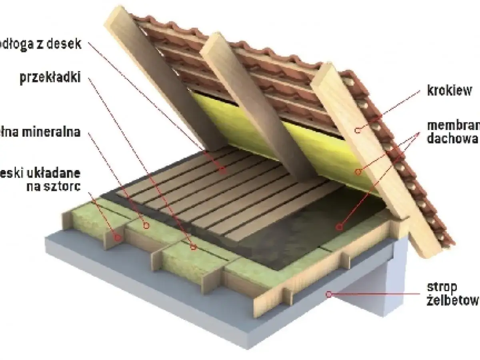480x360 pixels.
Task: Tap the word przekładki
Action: tap(50, 77)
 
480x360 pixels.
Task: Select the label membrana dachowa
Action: tap(453, 132)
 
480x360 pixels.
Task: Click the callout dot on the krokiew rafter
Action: tap(359, 130)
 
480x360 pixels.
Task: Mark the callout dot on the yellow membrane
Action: tap(358, 172)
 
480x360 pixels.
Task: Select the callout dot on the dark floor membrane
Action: tap(339, 226)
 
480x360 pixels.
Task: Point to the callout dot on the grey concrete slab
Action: tap(329, 294)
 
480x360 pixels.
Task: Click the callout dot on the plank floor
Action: tap(222, 171)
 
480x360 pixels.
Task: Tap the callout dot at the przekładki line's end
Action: tap(194, 247)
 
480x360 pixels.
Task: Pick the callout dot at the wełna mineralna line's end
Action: tap(146, 226)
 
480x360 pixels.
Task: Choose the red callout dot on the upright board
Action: tap(118, 237)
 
